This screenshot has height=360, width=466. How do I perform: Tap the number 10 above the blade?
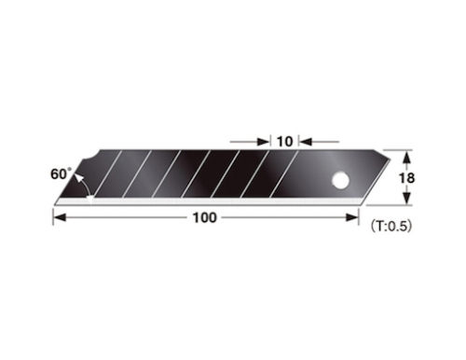pos(285,142)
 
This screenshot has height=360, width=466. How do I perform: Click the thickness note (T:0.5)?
pos(391,224)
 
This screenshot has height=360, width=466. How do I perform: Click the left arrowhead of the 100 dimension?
pos(58,217)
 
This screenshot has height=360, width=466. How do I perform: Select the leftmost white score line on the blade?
pos(109,174)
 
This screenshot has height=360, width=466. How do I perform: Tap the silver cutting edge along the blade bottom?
pos(205,200)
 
